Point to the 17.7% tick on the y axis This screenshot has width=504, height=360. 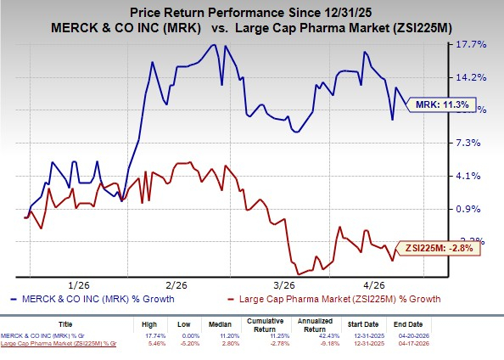[x=472, y=44]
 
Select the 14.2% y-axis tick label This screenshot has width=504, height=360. [x=472, y=77]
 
